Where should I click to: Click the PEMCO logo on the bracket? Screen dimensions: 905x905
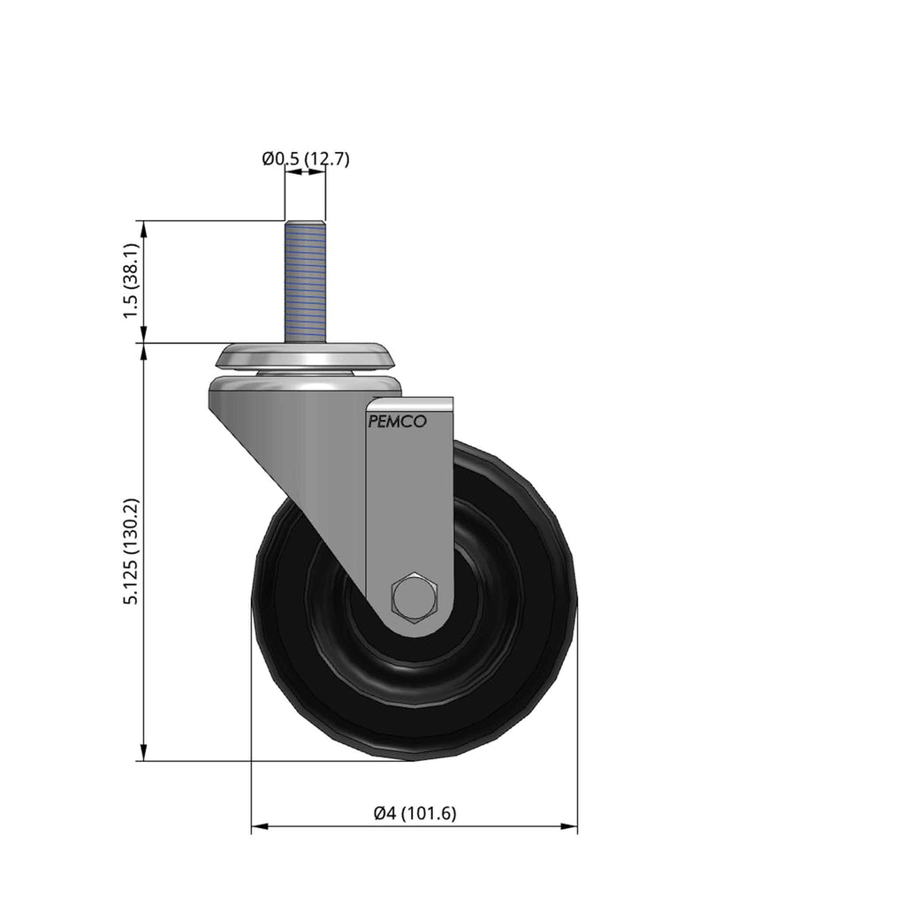pyautogui.click(x=397, y=422)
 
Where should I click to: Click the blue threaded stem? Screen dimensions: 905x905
pyautogui.click(x=305, y=282)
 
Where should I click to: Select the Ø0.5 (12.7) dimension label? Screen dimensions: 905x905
pyautogui.click(x=306, y=159)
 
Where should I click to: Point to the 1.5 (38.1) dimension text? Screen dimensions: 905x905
pyautogui.click(x=131, y=280)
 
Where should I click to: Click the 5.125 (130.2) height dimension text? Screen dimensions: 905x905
pyautogui.click(x=131, y=551)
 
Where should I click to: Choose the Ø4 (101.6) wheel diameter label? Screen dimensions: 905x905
pyautogui.click(x=415, y=813)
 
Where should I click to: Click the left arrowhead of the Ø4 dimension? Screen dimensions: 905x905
pyautogui.click(x=260, y=826)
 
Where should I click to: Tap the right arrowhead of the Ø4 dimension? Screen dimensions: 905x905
pyautogui.click(x=569, y=826)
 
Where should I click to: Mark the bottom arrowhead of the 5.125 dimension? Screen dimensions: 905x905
pyautogui.click(x=144, y=752)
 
